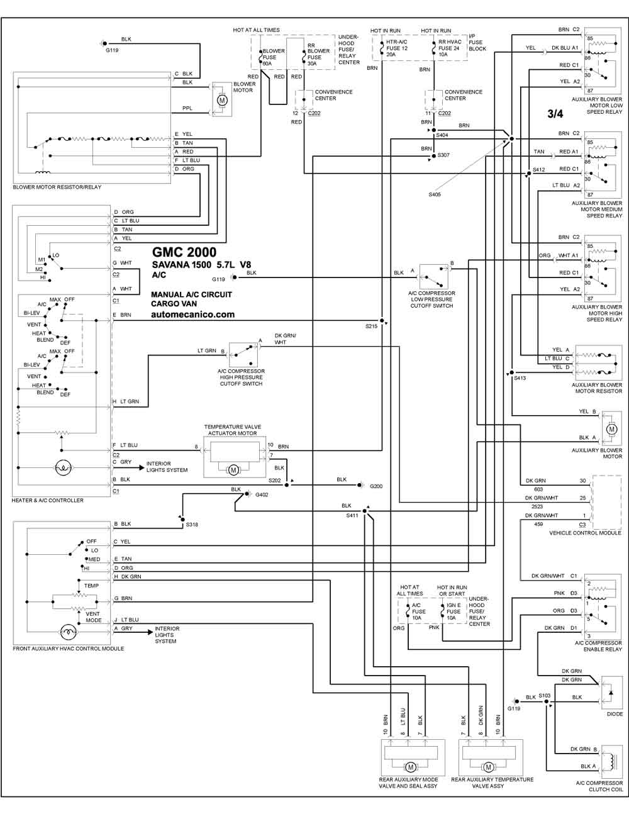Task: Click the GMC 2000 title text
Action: [184, 252]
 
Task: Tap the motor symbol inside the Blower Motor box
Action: [223, 100]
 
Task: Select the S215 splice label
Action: [371, 326]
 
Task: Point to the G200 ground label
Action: [376, 486]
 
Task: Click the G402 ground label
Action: [262, 494]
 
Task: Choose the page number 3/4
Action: [555, 114]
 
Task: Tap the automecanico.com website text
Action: [193, 315]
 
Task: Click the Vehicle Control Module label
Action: [585, 533]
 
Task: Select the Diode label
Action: [615, 714]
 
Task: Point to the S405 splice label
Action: [435, 194]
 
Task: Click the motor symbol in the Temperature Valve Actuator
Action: [233, 470]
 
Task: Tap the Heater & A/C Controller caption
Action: [48, 500]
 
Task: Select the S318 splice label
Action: [192, 525]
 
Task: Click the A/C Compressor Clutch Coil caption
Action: [599, 786]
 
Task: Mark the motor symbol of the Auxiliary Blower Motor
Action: [612, 429]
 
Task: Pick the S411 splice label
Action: [352, 515]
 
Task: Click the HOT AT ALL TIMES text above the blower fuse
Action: [256, 30]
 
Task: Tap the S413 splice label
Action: [520, 378]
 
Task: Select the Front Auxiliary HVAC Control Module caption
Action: [69, 649]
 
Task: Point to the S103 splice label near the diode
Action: [544, 695]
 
